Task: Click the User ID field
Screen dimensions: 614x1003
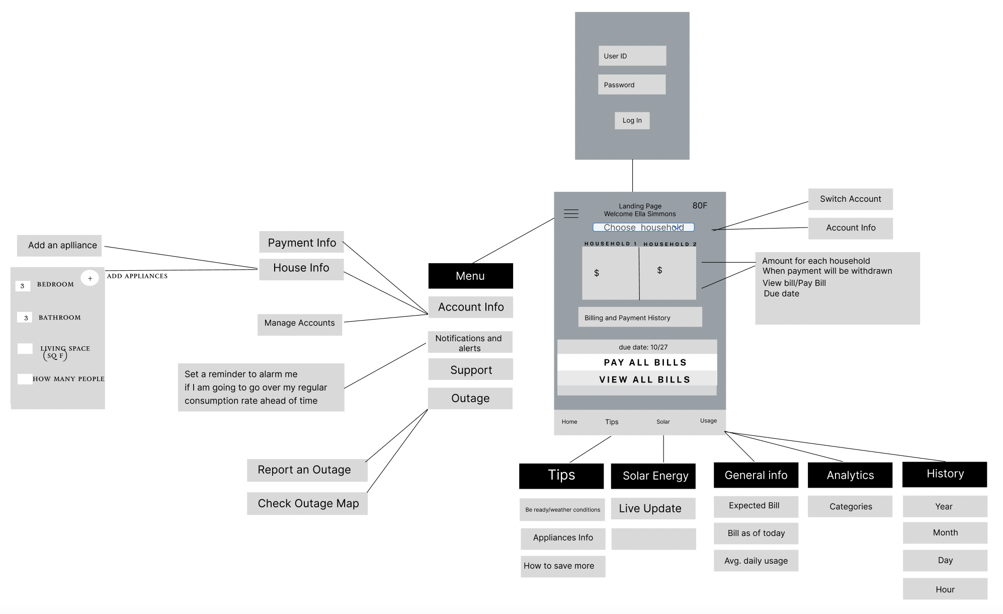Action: coord(632,56)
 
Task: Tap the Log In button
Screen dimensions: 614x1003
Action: coord(632,121)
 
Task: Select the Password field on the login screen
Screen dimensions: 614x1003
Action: coord(631,85)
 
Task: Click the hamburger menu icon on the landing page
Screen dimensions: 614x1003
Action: coord(571,213)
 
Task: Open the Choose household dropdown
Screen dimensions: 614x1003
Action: coord(643,227)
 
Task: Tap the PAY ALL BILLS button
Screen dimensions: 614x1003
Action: coord(637,362)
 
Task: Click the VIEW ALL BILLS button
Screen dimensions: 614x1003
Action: coord(637,379)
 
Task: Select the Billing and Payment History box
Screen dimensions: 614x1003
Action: coord(640,318)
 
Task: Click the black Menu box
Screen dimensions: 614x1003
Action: coord(470,276)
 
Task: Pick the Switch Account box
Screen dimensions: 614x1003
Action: coord(850,199)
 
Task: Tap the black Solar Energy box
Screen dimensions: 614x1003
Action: coord(653,476)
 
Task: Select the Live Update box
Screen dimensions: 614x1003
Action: coord(653,508)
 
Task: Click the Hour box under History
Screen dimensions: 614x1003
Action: coord(945,589)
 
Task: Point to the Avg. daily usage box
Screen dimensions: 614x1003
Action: coord(756,561)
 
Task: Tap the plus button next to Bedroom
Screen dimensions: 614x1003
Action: coord(90,278)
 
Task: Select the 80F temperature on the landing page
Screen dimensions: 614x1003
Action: coord(700,206)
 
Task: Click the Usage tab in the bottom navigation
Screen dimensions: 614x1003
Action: coord(708,421)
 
